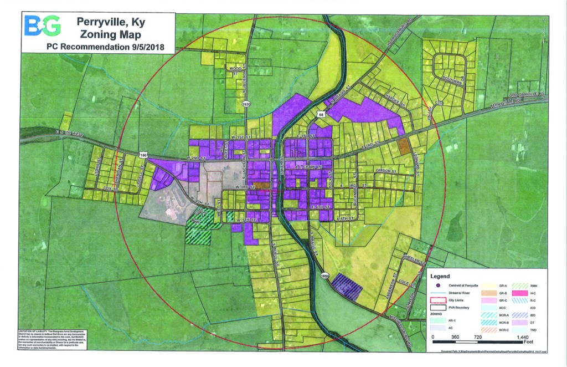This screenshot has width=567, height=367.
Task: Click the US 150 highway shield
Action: [143, 155]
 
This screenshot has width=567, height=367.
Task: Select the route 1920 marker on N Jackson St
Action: [246, 104]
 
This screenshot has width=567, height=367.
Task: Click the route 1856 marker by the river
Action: [324, 276]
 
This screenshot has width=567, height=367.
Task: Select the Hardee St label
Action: [394, 103]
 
